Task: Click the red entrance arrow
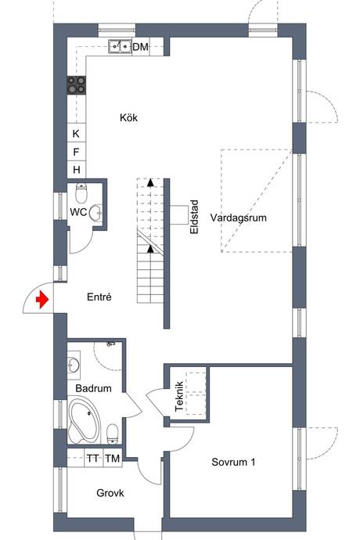click(x=42, y=299)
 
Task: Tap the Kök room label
click(x=129, y=117)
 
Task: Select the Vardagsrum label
click(x=239, y=218)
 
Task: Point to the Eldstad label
click(x=194, y=217)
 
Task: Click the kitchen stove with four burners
click(x=77, y=85)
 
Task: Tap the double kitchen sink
click(x=121, y=46)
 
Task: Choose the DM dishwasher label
click(x=141, y=46)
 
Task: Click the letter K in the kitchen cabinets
click(x=76, y=134)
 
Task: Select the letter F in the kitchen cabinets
click(x=76, y=152)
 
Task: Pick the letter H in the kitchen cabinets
click(x=77, y=170)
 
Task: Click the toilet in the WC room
click(x=81, y=193)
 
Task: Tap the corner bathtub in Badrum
click(x=84, y=420)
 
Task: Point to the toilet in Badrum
click(x=113, y=434)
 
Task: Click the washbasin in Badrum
click(x=74, y=365)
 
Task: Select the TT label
click(x=92, y=459)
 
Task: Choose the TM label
click(x=113, y=459)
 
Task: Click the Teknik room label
click(x=178, y=396)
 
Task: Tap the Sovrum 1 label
click(x=233, y=462)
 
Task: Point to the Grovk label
click(x=110, y=493)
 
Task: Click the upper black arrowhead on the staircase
click(x=150, y=182)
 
